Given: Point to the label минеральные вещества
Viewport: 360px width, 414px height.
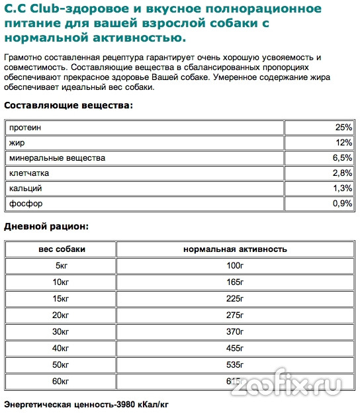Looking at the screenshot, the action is pos(56,158).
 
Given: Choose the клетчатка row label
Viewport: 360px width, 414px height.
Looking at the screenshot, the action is pos(29,173).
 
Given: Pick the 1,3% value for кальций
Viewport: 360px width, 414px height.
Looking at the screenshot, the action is pos(342,188).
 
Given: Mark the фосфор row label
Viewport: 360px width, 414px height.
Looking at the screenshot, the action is pos(25,204).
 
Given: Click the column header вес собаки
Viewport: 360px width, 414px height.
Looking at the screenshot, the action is pos(61,249).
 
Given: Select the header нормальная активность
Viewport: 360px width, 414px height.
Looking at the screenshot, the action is pos(234,249).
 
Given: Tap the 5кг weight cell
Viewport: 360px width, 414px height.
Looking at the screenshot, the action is pos(61,266).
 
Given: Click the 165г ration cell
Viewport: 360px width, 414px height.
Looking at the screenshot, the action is pos(234,282).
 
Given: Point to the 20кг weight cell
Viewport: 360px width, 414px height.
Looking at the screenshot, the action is pos(61,315).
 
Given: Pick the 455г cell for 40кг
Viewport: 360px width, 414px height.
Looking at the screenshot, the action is pos(234,349).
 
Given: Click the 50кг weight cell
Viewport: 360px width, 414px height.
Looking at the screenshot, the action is pos(61,365).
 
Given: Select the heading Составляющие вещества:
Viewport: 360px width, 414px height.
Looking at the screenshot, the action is pos(68,105).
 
